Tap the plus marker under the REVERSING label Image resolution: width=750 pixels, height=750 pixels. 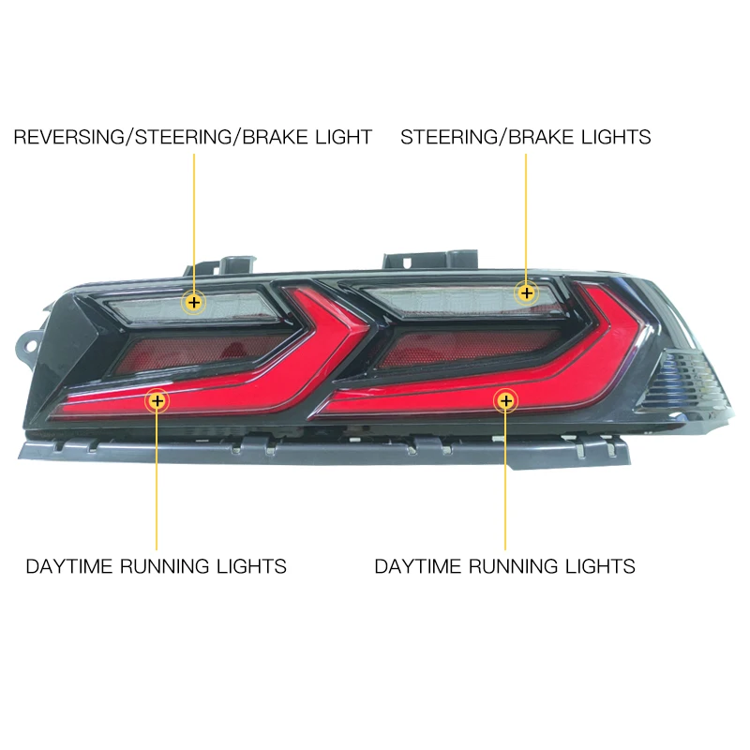(194, 302)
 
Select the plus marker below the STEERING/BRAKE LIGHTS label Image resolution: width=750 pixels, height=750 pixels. (526, 292)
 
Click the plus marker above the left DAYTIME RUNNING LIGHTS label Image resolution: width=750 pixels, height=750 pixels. (157, 401)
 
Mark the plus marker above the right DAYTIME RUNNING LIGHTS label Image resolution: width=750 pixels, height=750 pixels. (506, 401)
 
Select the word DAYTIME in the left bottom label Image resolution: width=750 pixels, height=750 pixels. (69, 566)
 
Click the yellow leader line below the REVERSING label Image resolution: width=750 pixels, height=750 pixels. (194, 216)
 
